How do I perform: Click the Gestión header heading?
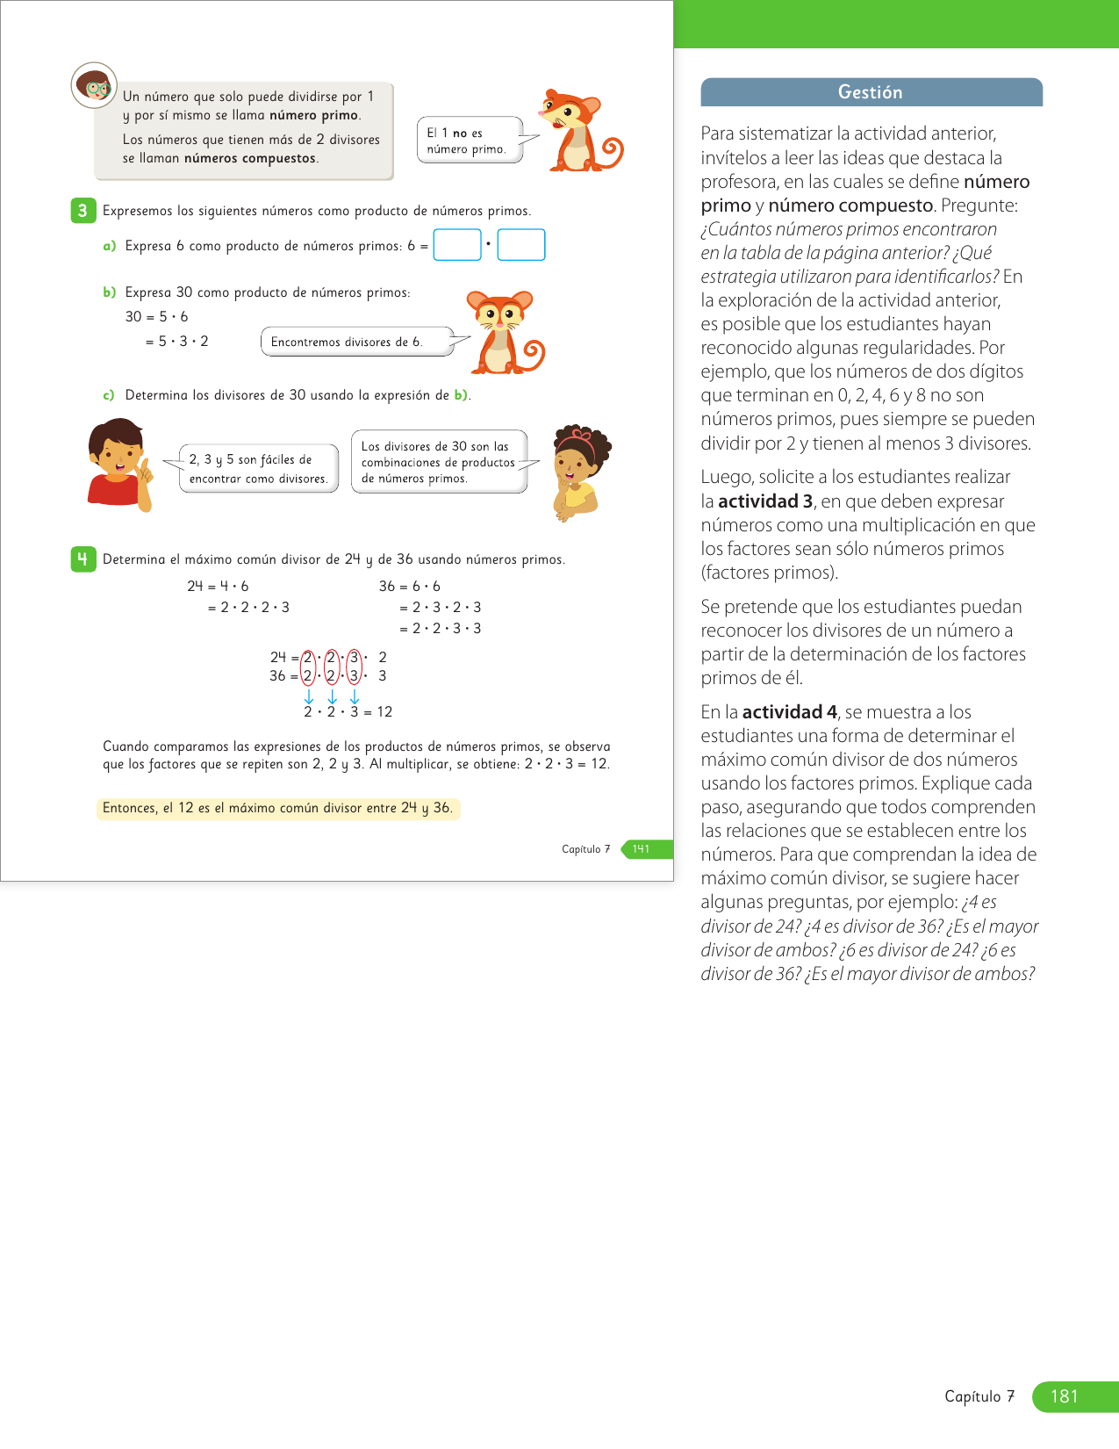coord(870,92)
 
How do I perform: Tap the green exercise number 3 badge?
coord(82,211)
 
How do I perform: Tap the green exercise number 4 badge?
coord(82,559)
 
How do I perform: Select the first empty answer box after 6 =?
coord(457,245)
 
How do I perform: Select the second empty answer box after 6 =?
coord(521,245)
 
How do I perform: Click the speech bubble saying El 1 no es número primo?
coord(469,141)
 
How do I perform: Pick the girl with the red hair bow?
coord(577,471)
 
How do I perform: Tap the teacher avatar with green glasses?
coord(94,85)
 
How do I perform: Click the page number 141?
coord(642,849)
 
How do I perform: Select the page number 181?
coord(1064,1396)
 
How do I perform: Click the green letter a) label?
coord(109,246)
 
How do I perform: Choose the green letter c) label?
coord(109,395)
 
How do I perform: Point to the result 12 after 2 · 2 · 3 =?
coord(384,712)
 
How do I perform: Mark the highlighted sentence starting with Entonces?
coord(277,808)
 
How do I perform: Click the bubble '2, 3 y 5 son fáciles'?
coord(258,468)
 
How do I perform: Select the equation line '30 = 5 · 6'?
coord(156,317)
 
